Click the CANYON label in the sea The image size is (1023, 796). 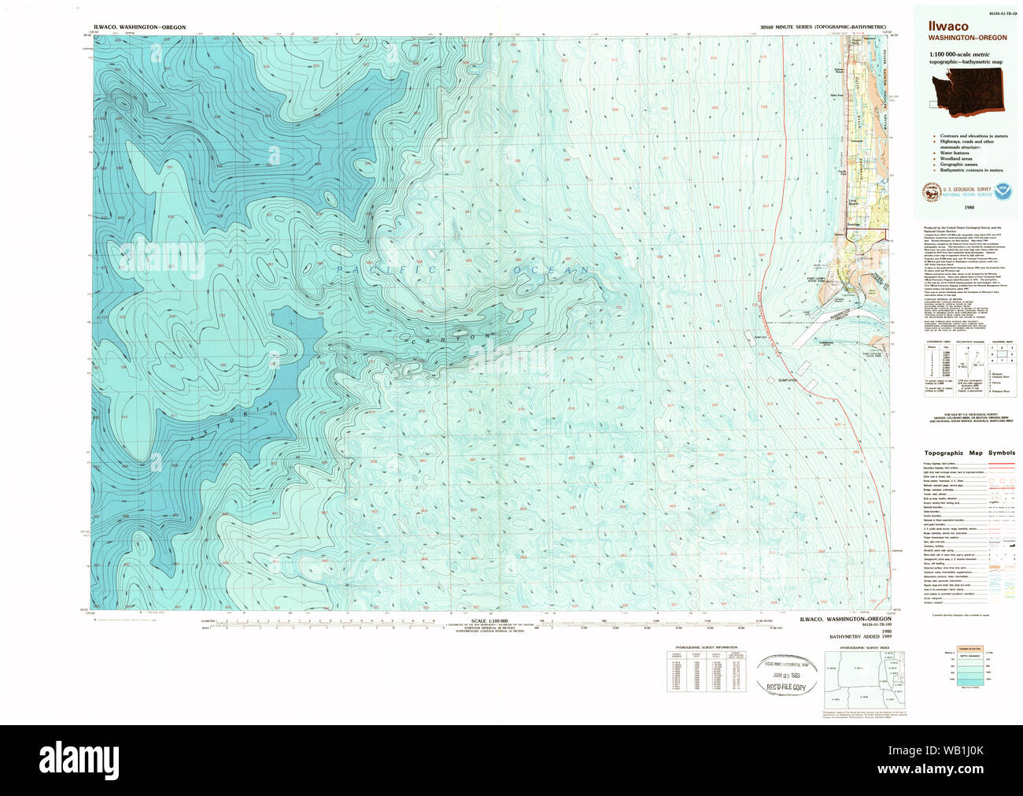click(x=452, y=338)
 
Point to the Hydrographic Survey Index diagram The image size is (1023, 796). click(x=864, y=679)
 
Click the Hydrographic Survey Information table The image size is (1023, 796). click(x=706, y=670)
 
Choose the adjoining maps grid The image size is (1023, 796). click(x=1002, y=361)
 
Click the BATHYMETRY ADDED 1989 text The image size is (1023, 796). click(x=858, y=635)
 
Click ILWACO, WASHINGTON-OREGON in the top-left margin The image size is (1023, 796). click(x=139, y=28)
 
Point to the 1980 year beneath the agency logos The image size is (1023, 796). click(x=968, y=207)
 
